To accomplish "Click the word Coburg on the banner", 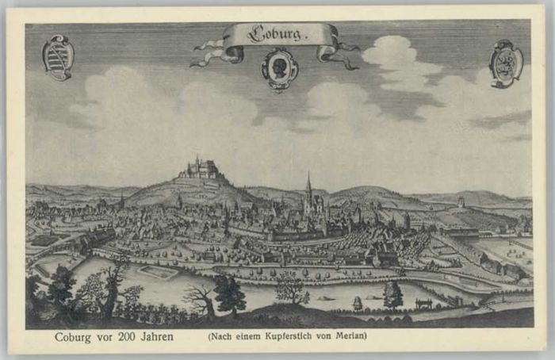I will click(x=277, y=34).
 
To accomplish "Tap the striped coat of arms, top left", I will click(x=58, y=57).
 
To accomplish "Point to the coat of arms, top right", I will click(x=506, y=63).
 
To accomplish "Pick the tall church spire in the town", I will click(x=308, y=190).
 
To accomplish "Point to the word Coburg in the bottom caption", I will click(x=73, y=336).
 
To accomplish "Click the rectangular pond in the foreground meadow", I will click(x=157, y=272).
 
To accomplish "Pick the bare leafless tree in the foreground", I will click(x=198, y=298).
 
